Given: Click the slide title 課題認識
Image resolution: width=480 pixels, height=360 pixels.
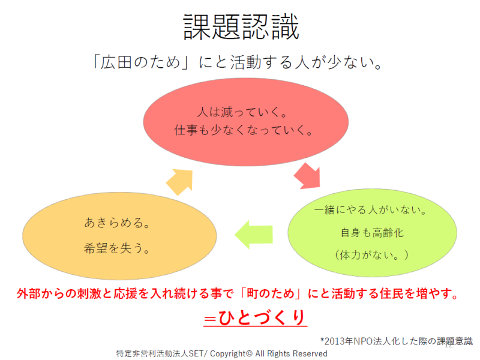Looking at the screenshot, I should (241, 27).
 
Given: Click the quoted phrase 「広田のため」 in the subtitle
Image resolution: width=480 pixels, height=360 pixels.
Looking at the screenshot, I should (134, 63).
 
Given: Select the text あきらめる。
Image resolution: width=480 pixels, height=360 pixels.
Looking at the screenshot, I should (117, 223).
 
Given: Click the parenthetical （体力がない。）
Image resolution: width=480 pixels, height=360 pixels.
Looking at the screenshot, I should (372, 254).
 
